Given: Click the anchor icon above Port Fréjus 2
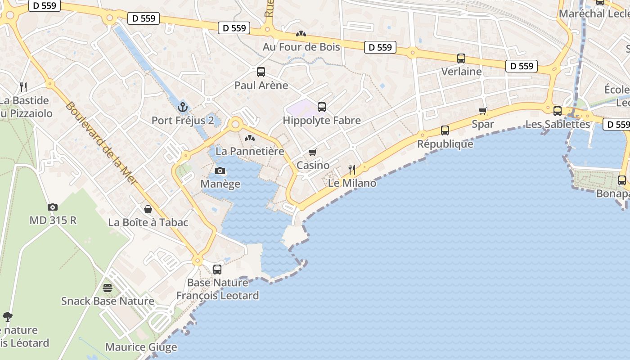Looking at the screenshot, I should point(182,107).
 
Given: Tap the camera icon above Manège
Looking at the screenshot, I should point(220,171).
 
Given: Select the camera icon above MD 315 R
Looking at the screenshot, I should point(53,207).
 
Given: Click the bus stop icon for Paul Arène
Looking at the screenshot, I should point(261,72).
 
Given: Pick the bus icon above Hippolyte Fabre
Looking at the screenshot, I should point(321,107).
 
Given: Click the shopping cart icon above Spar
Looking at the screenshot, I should point(483,111).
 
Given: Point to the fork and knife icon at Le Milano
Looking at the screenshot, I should point(352,170).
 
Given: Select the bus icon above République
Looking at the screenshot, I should point(445,130).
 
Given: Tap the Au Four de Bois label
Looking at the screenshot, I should point(301,47).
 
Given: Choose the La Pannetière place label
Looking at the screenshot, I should point(250,151).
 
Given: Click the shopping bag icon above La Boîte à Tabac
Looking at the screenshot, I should point(148,209).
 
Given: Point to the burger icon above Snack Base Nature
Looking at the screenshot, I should point(108,288).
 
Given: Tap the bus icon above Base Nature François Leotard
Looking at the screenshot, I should point(217,270).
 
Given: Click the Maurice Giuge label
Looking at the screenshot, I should point(141,347).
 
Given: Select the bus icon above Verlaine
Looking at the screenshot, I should point(461,58).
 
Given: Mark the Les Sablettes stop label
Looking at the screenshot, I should point(558,124).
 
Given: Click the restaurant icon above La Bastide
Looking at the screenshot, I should point(23,87).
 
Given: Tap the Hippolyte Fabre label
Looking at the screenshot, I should point(321,121).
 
